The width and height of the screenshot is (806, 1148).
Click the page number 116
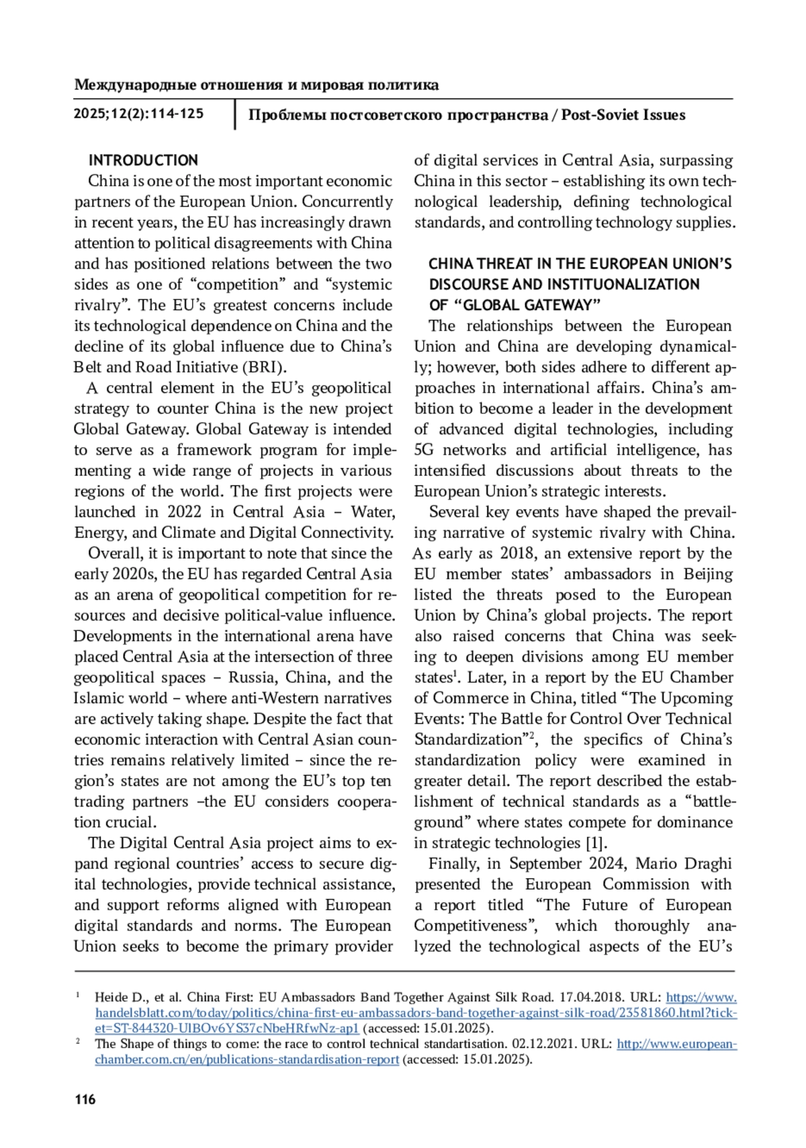(x=85, y=1099)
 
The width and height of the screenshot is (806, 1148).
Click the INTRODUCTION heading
(x=143, y=160)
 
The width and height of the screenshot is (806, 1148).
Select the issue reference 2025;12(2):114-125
(x=138, y=114)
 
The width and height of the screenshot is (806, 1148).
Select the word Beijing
(x=708, y=574)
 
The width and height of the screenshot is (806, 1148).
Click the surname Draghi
(x=708, y=863)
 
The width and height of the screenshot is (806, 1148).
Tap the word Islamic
(x=99, y=698)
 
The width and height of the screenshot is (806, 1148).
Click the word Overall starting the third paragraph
(x=114, y=554)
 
